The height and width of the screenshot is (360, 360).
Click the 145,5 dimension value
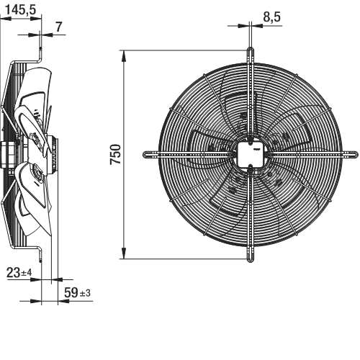click(x=21, y=10)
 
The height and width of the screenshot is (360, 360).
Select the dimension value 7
click(x=59, y=27)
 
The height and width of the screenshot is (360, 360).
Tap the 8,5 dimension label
click(x=271, y=17)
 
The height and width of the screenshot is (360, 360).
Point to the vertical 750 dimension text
click(x=115, y=154)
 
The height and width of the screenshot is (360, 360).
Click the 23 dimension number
click(x=13, y=273)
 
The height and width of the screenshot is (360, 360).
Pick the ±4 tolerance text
click(x=27, y=273)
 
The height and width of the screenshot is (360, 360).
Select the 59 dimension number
click(x=71, y=292)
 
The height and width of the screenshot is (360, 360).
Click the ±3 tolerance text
click(x=85, y=293)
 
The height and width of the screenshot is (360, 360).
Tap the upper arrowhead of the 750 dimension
click(x=124, y=56)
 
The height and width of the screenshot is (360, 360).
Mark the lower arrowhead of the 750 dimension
click(x=124, y=253)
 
